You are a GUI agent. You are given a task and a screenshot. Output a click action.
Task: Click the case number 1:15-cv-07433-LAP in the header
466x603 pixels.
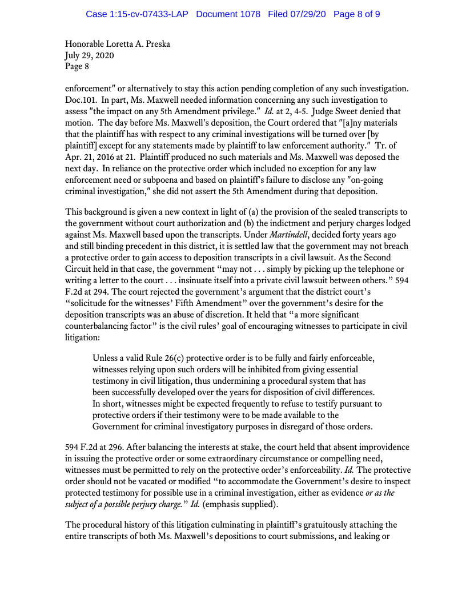click(138, 14)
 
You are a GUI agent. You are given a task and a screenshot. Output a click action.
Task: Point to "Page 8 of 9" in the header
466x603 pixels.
click(356, 14)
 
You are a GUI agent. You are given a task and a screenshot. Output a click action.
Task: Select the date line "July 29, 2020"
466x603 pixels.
click(89, 55)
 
